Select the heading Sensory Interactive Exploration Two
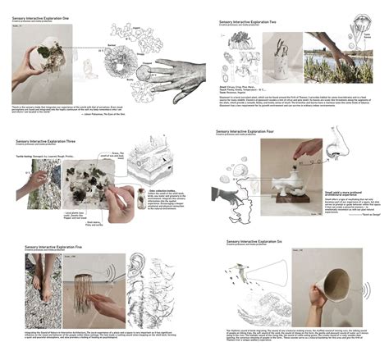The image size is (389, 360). pos(254,24)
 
